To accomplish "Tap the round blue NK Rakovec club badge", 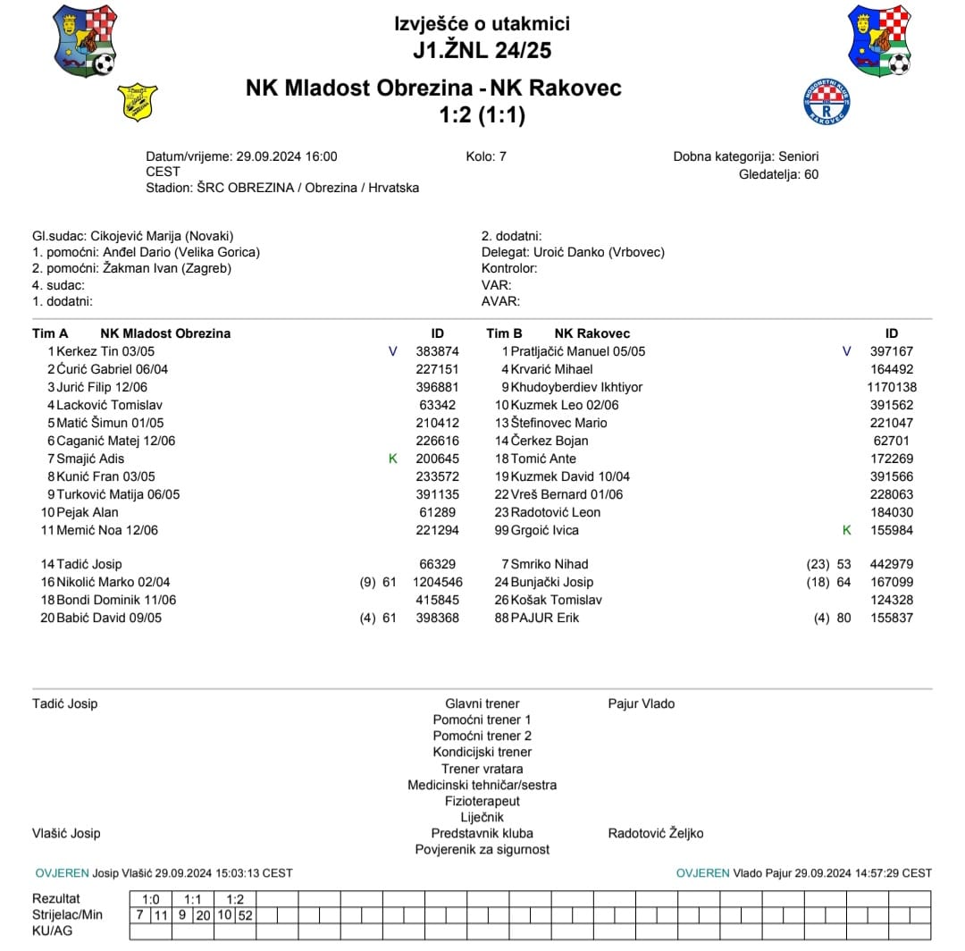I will pyautogui.click(x=826, y=103).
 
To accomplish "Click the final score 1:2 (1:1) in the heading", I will pyautogui.click(x=482, y=115).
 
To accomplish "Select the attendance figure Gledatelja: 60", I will pyautogui.click(x=778, y=174).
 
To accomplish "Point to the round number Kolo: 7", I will pyautogui.click(x=486, y=156).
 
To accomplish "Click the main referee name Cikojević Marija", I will pyautogui.click(x=136, y=236).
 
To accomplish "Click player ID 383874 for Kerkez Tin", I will pyautogui.click(x=438, y=351).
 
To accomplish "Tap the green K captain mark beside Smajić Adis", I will pyautogui.click(x=392, y=459).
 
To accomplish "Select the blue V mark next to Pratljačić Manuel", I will pyautogui.click(x=847, y=351).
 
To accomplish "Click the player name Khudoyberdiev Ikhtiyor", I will pyautogui.click(x=576, y=387).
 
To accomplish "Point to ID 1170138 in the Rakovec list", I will pyautogui.click(x=891, y=387).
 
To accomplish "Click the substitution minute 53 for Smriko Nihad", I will pyautogui.click(x=843, y=564).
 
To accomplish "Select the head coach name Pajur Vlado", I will pyautogui.click(x=641, y=703).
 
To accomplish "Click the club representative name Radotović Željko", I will pyautogui.click(x=655, y=833).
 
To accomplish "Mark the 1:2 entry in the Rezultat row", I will pyautogui.click(x=235, y=899).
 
